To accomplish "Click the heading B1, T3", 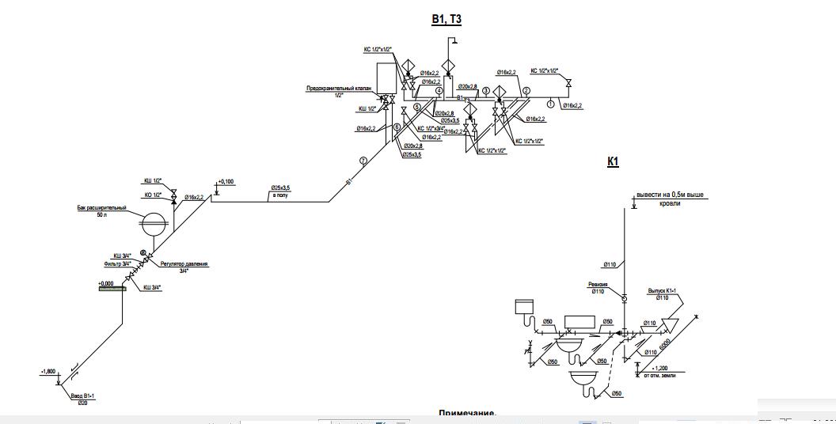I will pyautogui.click(x=446, y=21).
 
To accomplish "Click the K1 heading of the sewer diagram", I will pyautogui.click(x=613, y=161).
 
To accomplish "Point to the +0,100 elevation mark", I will pyautogui.click(x=225, y=182).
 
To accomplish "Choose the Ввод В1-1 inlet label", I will pyautogui.click(x=82, y=396).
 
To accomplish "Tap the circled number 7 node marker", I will pyautogui.click(x=363, y=161).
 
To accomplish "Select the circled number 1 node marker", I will pyautogui.click(x=550, y=104).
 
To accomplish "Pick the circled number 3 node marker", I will pyautogui.click(x=486, y=91).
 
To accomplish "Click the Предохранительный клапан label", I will pyautogui.click(x=338, y=89).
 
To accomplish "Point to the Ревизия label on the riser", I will pyautogui.click(x=598, y=285).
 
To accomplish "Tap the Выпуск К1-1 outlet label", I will pyautogui.click(x=664, y=290).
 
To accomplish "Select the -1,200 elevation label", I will pyautogui.click(x=659, y=368).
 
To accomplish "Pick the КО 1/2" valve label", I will pyautogui.click(x=153, y=195).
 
